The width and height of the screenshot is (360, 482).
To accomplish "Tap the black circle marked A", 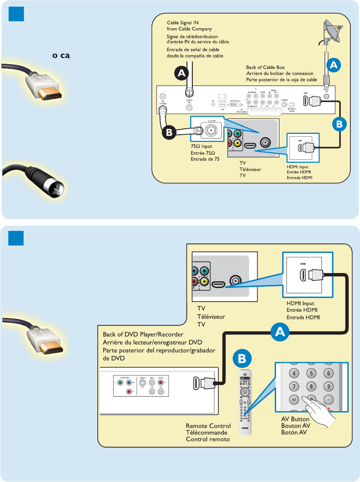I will (x=181, y=73).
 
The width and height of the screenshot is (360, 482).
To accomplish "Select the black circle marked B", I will (x=169, y=132).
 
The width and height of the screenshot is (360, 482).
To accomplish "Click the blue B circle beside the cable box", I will (x=339, y=124).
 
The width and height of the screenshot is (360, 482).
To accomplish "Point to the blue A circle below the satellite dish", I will (x=334, y=65).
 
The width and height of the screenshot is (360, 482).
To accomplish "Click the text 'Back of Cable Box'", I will (x=265, y=67).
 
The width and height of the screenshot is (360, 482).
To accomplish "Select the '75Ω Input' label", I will (x=201, y=146).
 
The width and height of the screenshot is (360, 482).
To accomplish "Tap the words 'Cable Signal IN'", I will (x=182, y=23).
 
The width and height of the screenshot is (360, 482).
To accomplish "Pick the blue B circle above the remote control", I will (x=242, y=358).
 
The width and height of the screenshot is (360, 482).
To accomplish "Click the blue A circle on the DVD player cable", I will (x=280, y=332).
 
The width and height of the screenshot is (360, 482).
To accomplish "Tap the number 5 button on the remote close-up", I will (x=311, y=373).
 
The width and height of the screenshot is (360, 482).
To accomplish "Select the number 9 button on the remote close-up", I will (x=328, y=386).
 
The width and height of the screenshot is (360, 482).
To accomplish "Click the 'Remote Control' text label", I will (x=208, y=426).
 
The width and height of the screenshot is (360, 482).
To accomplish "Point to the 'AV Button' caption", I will (x=295, y=419).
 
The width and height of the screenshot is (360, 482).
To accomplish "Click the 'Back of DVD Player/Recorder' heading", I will (x=143, y=335).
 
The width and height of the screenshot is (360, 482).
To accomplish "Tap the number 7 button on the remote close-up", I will (x=294, y=386).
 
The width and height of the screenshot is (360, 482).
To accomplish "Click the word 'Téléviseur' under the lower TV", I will (x=211, y=317).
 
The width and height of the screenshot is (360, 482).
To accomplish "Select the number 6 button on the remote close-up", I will (x=328, y=373).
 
